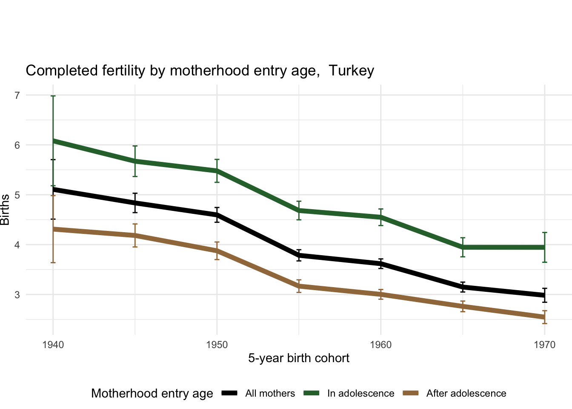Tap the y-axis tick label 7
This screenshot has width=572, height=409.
[17, 95]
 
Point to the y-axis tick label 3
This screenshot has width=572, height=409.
[17, 295]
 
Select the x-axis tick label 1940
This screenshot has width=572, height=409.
[53, 345]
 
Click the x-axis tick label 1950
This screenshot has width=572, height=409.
[217, 345]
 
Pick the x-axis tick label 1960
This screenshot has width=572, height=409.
[381, 345]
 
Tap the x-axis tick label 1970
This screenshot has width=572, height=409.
[545, 345]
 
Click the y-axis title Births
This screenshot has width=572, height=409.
[5, 210]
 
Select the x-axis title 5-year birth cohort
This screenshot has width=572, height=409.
[299, 358]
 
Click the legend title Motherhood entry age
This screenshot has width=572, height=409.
[152, 393]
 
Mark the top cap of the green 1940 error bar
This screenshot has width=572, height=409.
[53, 96]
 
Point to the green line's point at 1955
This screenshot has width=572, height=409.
[299, 210]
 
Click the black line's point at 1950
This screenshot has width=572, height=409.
[217, 215]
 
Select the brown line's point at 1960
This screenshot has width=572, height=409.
[381, 294]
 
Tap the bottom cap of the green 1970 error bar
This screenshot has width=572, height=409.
[545, 262]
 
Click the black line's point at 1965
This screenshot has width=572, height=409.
[463, 287]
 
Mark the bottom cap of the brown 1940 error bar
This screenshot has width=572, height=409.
[53, 262]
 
